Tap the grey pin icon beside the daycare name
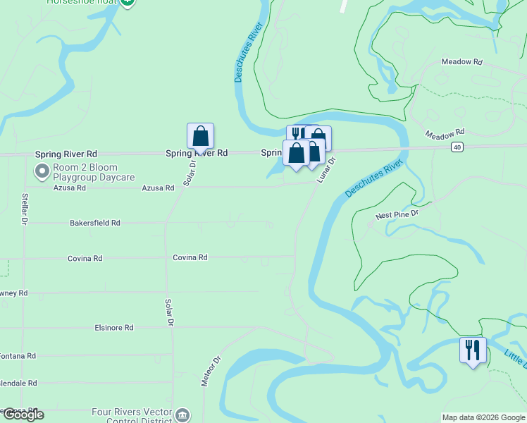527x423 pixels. click(x=42, y=171)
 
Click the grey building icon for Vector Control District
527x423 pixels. click(x=182, y=414)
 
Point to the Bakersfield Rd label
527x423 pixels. click(x=95, y=223)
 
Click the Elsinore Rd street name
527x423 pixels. click(x=114, y=328)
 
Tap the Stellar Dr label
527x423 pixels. click(x=23, y=209)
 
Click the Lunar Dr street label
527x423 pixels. click(x=325, y=170)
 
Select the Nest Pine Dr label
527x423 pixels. click(x=397, y=214)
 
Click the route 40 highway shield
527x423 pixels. click(x=458, y=147)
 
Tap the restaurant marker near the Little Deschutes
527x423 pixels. click(x=473, y=350)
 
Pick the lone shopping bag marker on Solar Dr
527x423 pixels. click(x=200, y=136)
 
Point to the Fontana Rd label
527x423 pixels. click(x=18, y=356)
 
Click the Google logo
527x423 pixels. click(x=23, y=415)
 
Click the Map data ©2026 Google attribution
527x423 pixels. click(x=483, y=417)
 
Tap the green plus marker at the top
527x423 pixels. click(x=128, y=2)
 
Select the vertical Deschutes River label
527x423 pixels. click(x=248, y=52)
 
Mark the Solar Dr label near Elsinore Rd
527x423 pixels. click(x=170, y=312)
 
